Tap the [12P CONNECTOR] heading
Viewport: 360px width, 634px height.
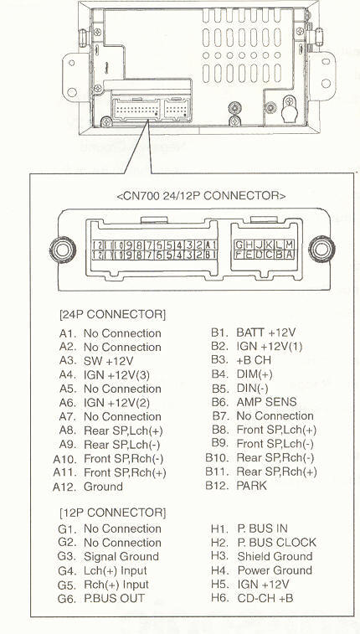coord(112,511)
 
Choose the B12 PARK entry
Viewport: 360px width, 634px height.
coord(243,487)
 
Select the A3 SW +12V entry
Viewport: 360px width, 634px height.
coord(102,361)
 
